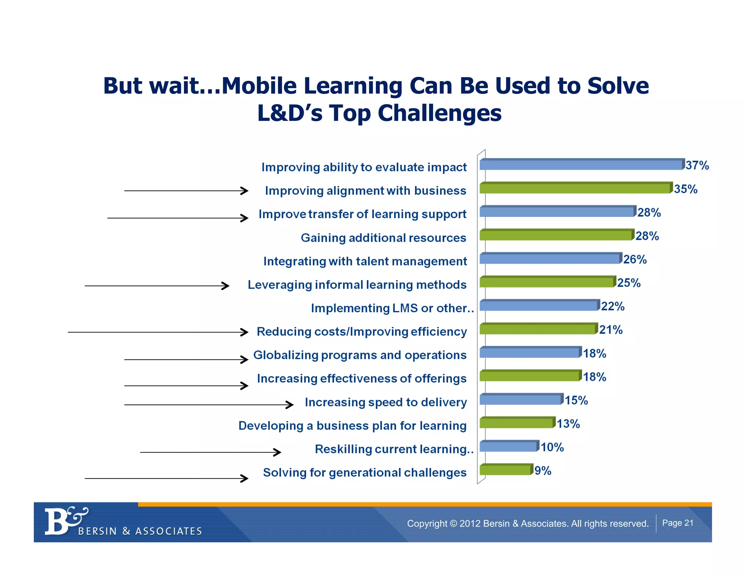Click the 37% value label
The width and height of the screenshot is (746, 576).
[697, 165]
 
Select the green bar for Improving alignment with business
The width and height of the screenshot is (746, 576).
[575, 188]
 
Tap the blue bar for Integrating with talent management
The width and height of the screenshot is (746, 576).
[550, 259]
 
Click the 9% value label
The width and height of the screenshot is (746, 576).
[542, 471]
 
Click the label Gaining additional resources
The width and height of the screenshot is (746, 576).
[383, 238]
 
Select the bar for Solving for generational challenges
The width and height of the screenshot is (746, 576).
[505, 470]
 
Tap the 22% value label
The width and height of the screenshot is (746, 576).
[613, 306]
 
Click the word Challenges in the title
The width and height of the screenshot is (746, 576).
[439, 113]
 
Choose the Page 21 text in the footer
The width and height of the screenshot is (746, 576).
[678, 523]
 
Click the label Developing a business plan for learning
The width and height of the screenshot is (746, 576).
[352, 426]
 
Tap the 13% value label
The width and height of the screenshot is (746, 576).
[568, 424]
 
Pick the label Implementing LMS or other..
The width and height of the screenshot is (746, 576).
[392, 308]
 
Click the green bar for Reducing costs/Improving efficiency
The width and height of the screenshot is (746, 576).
[537, 329]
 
